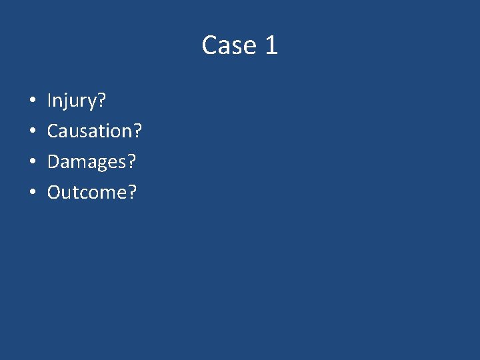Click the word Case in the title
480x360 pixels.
pyautogui.click(x=229, y=45)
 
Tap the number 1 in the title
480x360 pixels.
pyautogui.click(x=271, y=45)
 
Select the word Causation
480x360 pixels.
pyautogui.click(x=89, y=131)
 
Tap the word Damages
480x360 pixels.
pyautogui.click(x=87, y=162)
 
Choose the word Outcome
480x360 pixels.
pyautogui.click(x=87, y=193)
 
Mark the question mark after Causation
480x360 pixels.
pyautogui.click(x=137, y=131)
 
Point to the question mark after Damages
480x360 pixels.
pyautogui.click(x=132, y=162)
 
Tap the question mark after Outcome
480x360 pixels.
pyautogui.click(x=132, y=193)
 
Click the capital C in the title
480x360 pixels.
pyautogui.click(x=209, y=45)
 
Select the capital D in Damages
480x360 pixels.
pyautogui.click(x=54, y=162)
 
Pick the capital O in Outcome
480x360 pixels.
pyautogui.click(x=55, y=193)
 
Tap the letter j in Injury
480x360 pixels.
pyautogui.click(x=69, y=103)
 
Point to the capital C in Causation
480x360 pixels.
pyautogui.click(x=53, y=131)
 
